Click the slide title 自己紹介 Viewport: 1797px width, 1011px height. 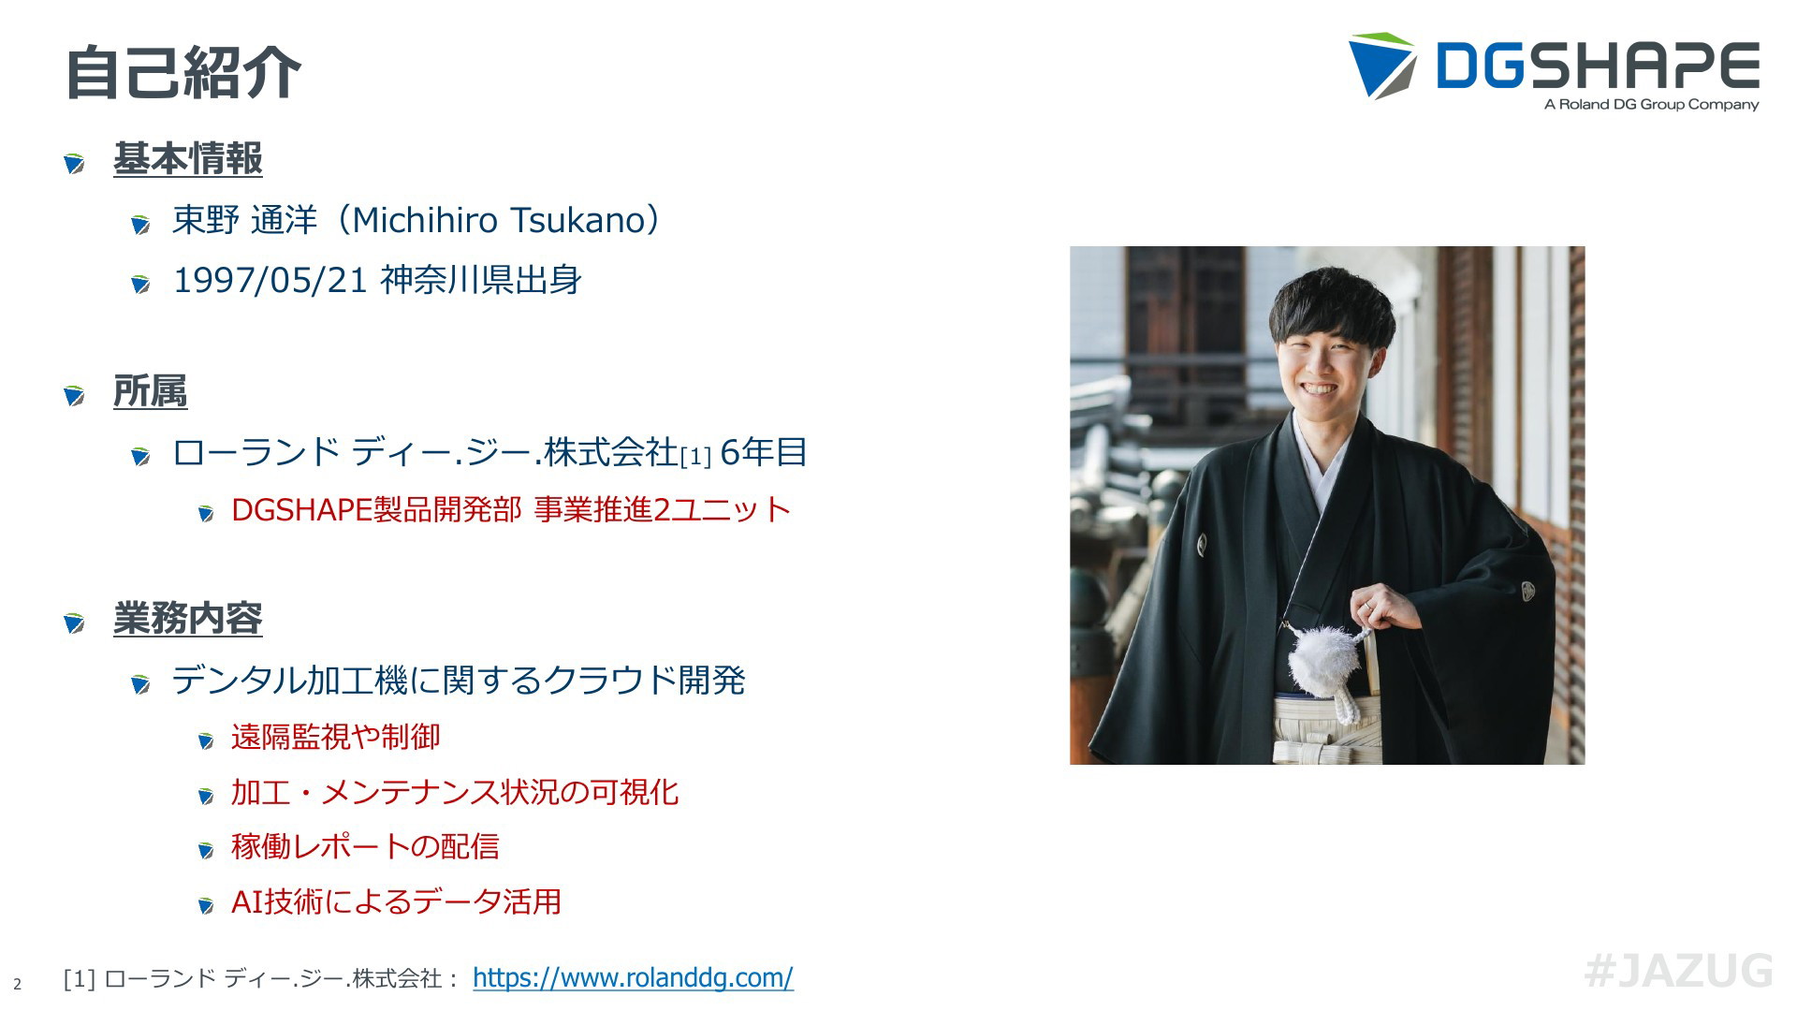[183, 72]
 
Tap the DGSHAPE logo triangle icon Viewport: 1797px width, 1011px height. [1381, 66]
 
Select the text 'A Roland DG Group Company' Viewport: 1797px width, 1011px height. [1651, 105]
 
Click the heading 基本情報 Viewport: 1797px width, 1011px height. [188, 158]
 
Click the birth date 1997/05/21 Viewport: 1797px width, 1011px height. [270, 280]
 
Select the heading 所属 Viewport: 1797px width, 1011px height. [150, 390]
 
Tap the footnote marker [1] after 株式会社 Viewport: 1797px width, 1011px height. [695, 457]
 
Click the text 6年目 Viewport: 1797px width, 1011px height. [764, 452]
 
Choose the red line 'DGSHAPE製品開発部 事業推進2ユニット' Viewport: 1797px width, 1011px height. [511, 509]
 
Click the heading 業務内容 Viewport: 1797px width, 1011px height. [188, 618]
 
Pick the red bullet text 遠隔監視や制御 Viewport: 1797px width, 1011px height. [335, 737]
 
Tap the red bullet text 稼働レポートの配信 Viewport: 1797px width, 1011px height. [365, 846]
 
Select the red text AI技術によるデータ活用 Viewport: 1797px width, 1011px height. [396, 901]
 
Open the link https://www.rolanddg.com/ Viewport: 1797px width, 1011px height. [633, 977]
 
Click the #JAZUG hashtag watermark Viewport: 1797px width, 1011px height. [1678, 971]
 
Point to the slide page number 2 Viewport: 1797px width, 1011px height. [17, 985]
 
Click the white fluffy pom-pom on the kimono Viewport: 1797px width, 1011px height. [1322, 664]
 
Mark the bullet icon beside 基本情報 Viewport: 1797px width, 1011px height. [75, 163]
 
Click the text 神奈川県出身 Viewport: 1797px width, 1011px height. [481, 280]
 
